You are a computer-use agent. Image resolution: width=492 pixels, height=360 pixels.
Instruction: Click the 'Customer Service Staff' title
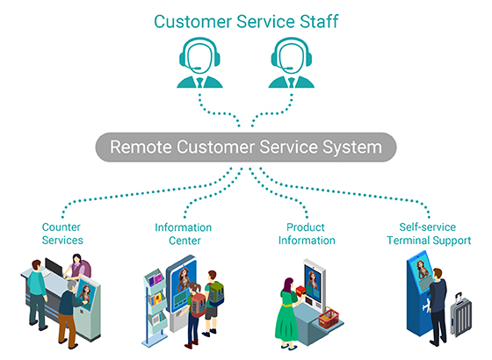coord(246,21)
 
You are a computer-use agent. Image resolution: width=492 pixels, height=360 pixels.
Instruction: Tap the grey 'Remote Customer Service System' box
coord(246,147)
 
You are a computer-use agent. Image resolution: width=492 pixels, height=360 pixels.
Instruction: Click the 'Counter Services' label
coord(62,234)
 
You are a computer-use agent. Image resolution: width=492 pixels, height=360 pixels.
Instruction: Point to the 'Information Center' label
coord(183,234)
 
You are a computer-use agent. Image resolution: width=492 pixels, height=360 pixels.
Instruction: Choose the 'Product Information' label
coord(305,234)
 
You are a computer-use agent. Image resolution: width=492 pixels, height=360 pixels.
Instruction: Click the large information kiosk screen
coord(182,280)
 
